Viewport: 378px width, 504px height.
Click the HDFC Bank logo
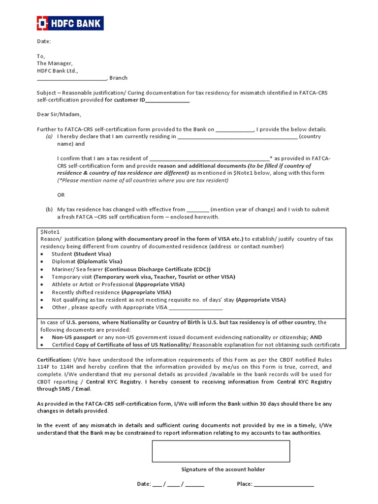pos(69,23)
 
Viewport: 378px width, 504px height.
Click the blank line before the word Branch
pos(72,78)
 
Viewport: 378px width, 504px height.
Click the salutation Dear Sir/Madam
pos(56,115)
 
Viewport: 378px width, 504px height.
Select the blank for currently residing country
pos(237,137)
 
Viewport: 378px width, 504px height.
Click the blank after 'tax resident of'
pos(209,159)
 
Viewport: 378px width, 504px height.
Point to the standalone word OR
pos(61,195)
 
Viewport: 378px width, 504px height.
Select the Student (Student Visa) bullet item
pos(81,254)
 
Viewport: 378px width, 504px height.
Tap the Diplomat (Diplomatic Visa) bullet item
pos(87,261)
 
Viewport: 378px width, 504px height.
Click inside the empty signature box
pos(220,451)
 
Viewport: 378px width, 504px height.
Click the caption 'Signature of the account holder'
pos(223,470)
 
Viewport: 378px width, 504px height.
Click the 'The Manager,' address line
pos(55,63)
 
